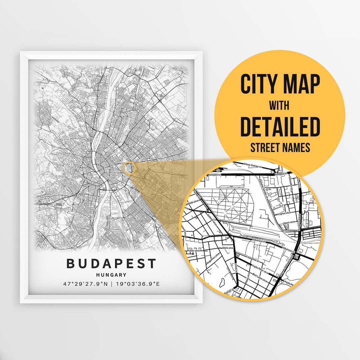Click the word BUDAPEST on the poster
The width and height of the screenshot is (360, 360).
pos(111,263)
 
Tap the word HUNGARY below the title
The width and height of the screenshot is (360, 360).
pos(111,275)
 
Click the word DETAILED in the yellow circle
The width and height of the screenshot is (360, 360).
pos(280,126)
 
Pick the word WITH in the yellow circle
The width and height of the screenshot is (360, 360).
pos(279,106)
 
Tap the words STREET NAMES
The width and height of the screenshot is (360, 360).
pos(280,147)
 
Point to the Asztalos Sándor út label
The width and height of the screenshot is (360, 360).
pos(264,187)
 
